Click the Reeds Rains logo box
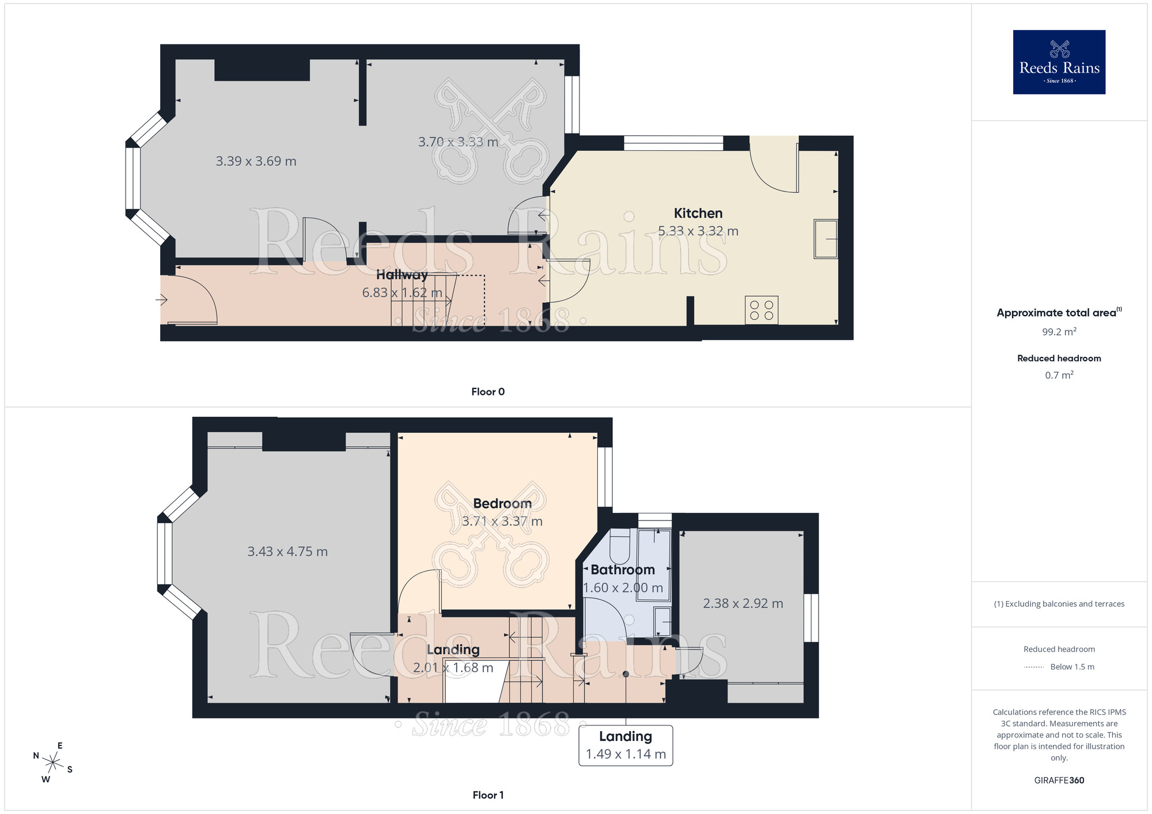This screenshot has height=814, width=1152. click(x=1059, y=62)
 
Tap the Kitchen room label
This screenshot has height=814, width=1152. click(x=698, y=214)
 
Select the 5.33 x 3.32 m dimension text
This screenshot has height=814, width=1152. click(x=698, y=231)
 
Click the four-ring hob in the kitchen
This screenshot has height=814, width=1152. click(x=761, y=310)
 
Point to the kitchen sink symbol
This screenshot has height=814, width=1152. click(x=825, y=238)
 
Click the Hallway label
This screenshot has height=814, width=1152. click(x=402, y=275)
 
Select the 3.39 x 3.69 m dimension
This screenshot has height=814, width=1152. click(x=256, y=161)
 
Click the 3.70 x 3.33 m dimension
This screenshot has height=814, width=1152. click(x=458, y=142)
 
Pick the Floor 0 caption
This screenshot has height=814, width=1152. click(x=488, y=392)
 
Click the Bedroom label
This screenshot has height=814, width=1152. click(x=502, y=504)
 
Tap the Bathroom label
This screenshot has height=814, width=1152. click(x=623, y=570)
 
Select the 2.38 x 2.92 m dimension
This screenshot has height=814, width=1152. click(x=743, y=603)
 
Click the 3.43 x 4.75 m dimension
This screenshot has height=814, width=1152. click(x=287, y=551)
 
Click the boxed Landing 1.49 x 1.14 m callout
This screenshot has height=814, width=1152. click(x=626, y=745)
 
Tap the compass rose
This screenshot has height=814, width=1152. click(x=52, y=763)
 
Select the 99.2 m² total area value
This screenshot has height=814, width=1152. click(x=1059, y=332)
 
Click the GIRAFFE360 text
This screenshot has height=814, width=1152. click(x=1059, y=781)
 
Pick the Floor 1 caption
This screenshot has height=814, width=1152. click(x=488, y=795)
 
